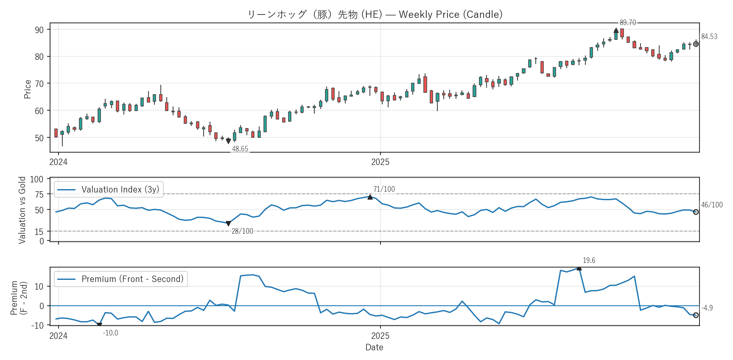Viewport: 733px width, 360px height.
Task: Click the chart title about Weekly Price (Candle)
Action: pyautogui.click(x=375, y=14)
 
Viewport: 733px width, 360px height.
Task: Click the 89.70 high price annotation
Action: pyautogui.click(x=627, y=22)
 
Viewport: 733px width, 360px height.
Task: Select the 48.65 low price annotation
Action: pyautogui.click(x=240, y=149)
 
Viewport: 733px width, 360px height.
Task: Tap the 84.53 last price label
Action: pyautogui.click(x=709, y=36)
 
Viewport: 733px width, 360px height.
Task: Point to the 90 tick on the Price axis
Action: pyautogui.click(x=39, y=30)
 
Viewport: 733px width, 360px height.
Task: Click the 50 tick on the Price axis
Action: pyautogui.click(x=39, y=138)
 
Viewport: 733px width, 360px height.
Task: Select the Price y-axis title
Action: pyautogui.click(x=28, y=89)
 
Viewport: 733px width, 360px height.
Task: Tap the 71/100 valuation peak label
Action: pyautogui.click(x=384, y=189)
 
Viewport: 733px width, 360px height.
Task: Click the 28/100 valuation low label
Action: pyautogui.click(x=242, y=231)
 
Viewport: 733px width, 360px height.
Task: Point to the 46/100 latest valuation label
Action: pyautogui.click(x=711, y=205)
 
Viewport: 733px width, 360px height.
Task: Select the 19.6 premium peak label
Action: pyautogui.click(x=589, y=260)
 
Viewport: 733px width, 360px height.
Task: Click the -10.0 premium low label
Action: pyautogui.click(x=110, y=333)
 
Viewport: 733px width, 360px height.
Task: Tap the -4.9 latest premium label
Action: pyautogui.click(x=707, y=308)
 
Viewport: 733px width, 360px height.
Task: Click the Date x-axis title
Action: pyautogui.click(x=374, y=347)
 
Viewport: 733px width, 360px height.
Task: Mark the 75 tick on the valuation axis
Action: pyautogui.click(x=39, y=194)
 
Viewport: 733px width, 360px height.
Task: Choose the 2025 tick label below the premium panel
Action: pyautogui.click(x=380, y=336)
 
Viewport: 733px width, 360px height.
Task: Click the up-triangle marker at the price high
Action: pyautogui.click(x=616, y=31)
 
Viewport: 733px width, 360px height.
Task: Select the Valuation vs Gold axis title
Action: pyautogui.click(x=22, y=210)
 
